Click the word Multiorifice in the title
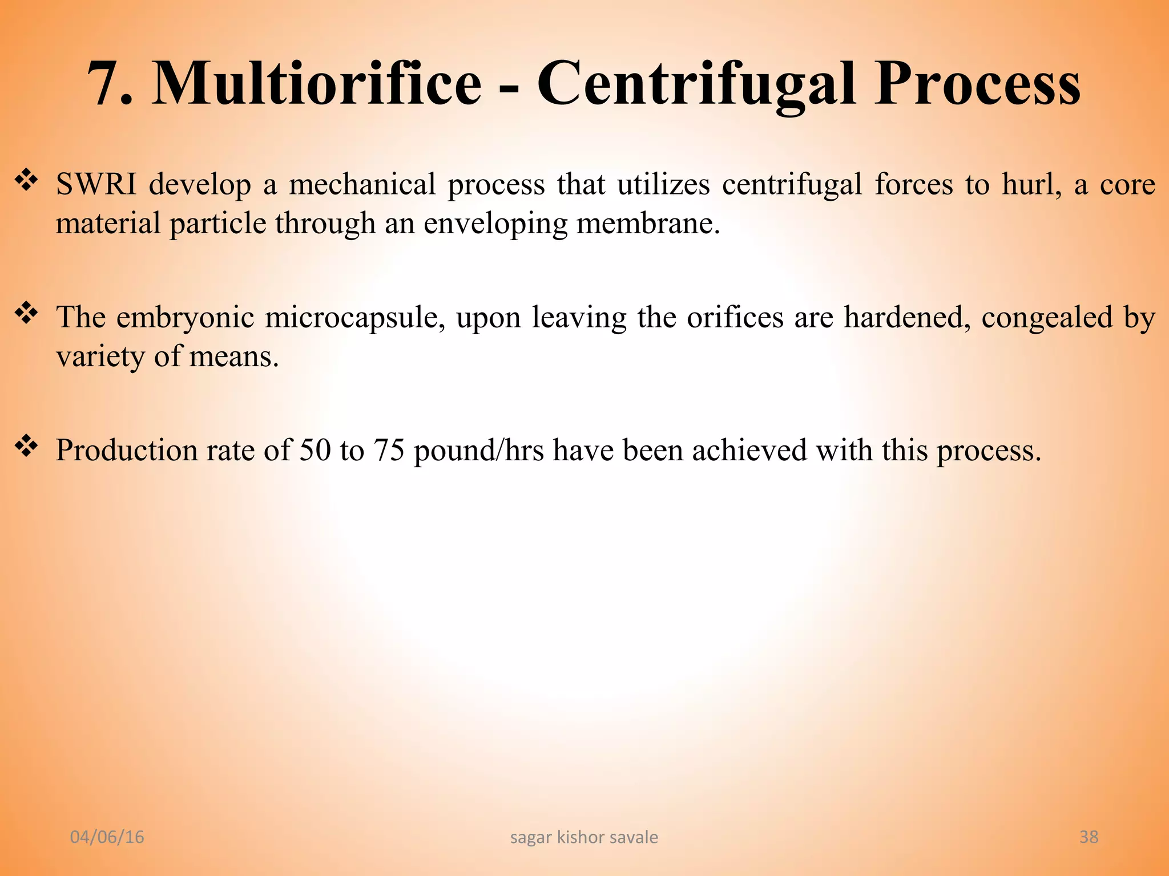pos(317,84)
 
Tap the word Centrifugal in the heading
pos(696,84)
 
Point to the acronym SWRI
pos(96,185)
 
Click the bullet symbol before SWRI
pos(26,181)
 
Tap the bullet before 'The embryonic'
pos(26,314)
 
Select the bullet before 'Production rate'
pos(26,447)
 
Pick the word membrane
pos(647,223)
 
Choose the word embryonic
pos(185,318)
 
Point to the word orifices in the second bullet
pos(735,318)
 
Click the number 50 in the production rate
pos(315,450)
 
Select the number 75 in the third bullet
pos(389,450)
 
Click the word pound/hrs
pos(478,451)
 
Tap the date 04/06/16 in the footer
pos(107,837)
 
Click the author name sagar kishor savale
pos(584,837)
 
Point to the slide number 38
pos(1089,837)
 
